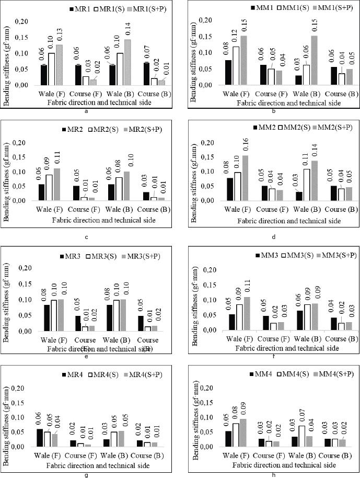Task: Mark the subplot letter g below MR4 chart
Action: (x=85, y=475)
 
